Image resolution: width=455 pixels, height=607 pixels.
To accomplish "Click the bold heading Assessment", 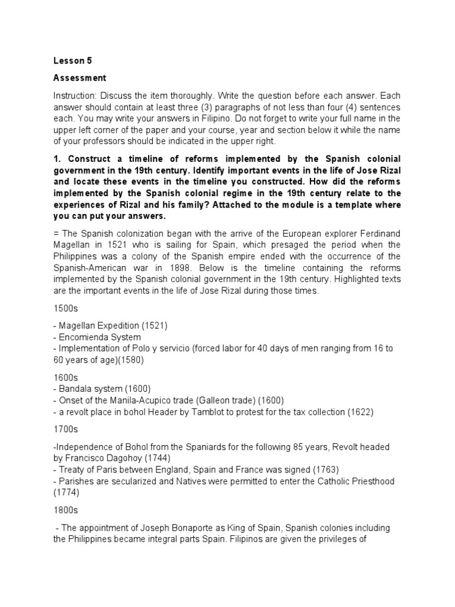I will (x=80, y=78).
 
